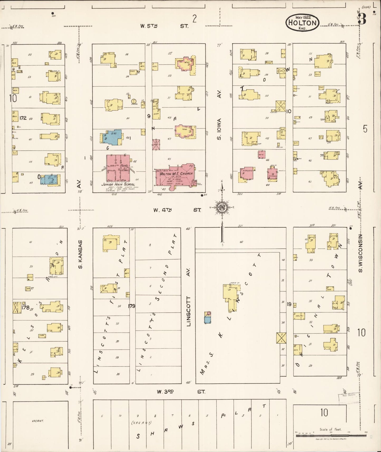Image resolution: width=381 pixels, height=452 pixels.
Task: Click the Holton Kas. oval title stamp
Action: click(302, 22)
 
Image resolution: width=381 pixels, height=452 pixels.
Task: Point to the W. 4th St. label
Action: click(177, 210)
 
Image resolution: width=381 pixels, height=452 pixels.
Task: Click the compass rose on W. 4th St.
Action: click(222, 208)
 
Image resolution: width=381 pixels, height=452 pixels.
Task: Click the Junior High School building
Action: click(118, 168)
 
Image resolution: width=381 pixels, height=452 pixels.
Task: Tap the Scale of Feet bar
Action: click(331, 436)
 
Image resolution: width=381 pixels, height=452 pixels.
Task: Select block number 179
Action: click(131, 306)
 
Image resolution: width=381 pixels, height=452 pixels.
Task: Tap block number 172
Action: click(23, 118)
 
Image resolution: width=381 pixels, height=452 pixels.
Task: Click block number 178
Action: click(26, 307)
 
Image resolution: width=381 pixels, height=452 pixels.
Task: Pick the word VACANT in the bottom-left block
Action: click(37, 421)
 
